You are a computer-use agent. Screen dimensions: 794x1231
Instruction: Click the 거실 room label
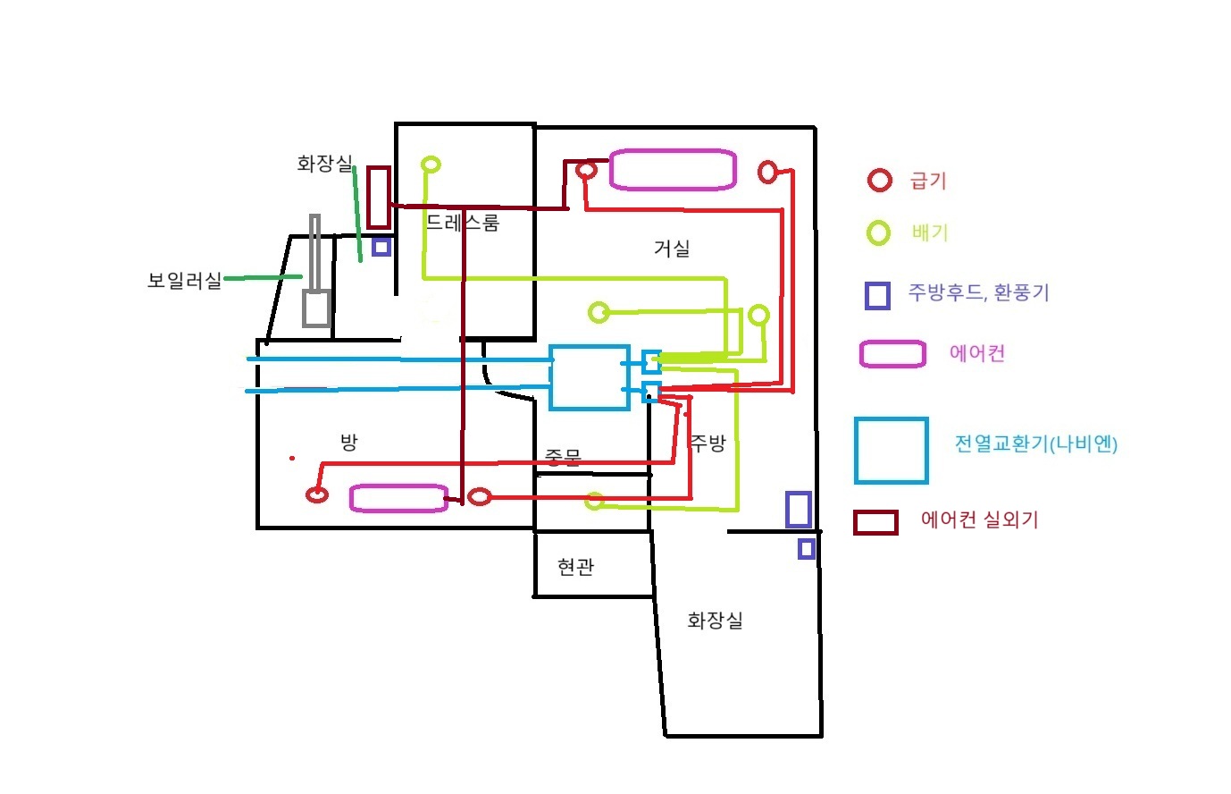tap(672, 249)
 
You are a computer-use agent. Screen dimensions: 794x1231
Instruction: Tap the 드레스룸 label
tap(462, 223)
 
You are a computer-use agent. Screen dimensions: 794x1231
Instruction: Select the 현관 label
tap(575, 567)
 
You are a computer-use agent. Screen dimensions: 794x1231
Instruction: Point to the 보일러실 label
tap(184, 281)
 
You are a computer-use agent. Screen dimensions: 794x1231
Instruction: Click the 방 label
tap(348, 442)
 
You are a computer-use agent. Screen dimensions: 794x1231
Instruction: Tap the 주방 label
tap(708, 443)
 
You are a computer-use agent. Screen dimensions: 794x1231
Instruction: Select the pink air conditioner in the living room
tap(673, 170)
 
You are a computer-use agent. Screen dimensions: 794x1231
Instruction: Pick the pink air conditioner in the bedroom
tap(398, 498)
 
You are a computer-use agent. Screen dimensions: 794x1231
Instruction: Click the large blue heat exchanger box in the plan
tap(589, 377)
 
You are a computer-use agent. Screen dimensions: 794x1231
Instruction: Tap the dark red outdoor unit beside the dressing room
tap(379, 197)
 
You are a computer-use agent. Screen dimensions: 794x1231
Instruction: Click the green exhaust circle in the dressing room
tap(431, 165)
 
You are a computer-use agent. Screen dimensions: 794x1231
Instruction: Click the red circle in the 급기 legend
tap(880, 181)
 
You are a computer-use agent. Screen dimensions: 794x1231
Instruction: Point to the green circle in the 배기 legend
tap(879, 233)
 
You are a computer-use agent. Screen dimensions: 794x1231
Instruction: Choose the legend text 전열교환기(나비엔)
tap(1036, 443)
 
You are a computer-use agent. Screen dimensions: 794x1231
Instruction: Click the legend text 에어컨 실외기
tap(979, 519)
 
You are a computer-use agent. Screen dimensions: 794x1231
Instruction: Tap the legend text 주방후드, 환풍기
tap(978, 292)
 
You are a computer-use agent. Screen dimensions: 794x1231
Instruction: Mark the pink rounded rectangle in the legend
tap(892, 354)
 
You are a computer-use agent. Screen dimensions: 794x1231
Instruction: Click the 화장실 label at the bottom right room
tap(715, 621)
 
